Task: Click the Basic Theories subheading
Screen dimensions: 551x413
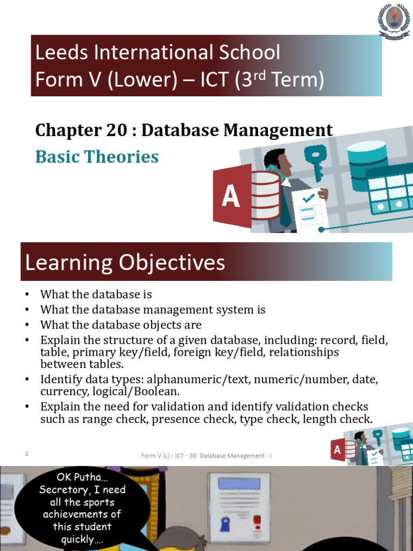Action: [x=97, y=157]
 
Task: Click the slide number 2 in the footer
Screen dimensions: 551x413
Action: [x=26, y=454]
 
